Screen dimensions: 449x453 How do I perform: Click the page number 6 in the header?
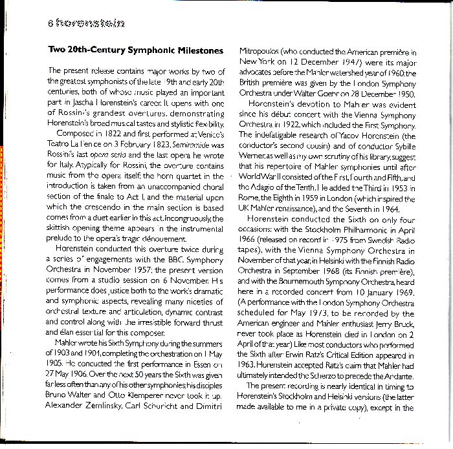point(50,25)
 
